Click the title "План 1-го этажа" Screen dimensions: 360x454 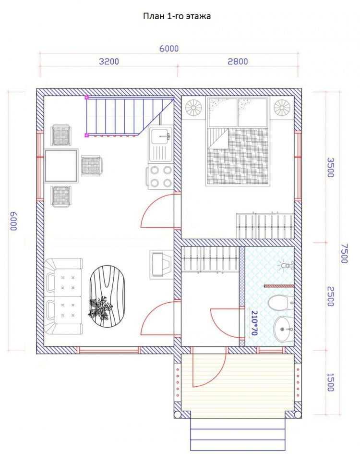[x=177, y=16]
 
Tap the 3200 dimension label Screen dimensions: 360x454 [x=109, y=61]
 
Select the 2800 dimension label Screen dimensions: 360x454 [x=238, y=61]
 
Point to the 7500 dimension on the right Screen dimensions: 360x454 [x=344, y=253]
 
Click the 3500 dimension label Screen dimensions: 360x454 [x=331, y=167]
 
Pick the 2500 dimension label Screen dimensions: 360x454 [x=331, y=296]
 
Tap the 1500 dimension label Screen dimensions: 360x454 [x=331, y=382]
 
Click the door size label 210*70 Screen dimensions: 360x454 [x=254, y=323]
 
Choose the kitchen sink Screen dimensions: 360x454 [x=161, y=144]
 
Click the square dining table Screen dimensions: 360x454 [x=61, y=166]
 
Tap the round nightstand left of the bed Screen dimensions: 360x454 [x=193, y=108]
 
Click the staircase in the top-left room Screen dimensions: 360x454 [x=129, y=116]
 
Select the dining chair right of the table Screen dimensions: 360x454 [x=91, y=166]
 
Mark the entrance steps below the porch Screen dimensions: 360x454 [x=238, y=434]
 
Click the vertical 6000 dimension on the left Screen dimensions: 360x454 [x=13, y=221]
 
